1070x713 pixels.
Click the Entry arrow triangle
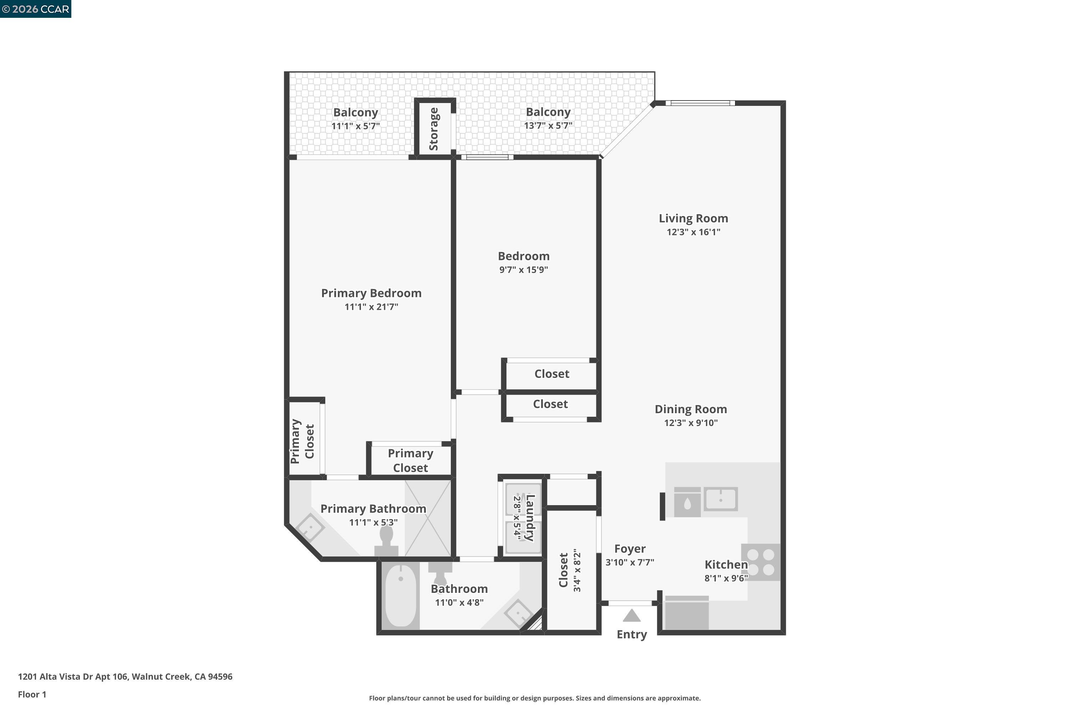[631, 616]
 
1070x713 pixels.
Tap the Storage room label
[434, 129]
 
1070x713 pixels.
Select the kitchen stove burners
[761, 562]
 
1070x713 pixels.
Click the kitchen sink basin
[720, 499]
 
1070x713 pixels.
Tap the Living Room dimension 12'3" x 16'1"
[693, 232]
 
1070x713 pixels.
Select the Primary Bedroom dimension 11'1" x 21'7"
[371, 307]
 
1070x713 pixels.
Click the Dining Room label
[691, 409]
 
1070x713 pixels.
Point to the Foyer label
[630, 549]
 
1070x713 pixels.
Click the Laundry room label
[530, 518]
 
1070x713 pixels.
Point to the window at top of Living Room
[700, 103]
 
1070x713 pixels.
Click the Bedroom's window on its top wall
[487, 157]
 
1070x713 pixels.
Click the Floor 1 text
[32, 694]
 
